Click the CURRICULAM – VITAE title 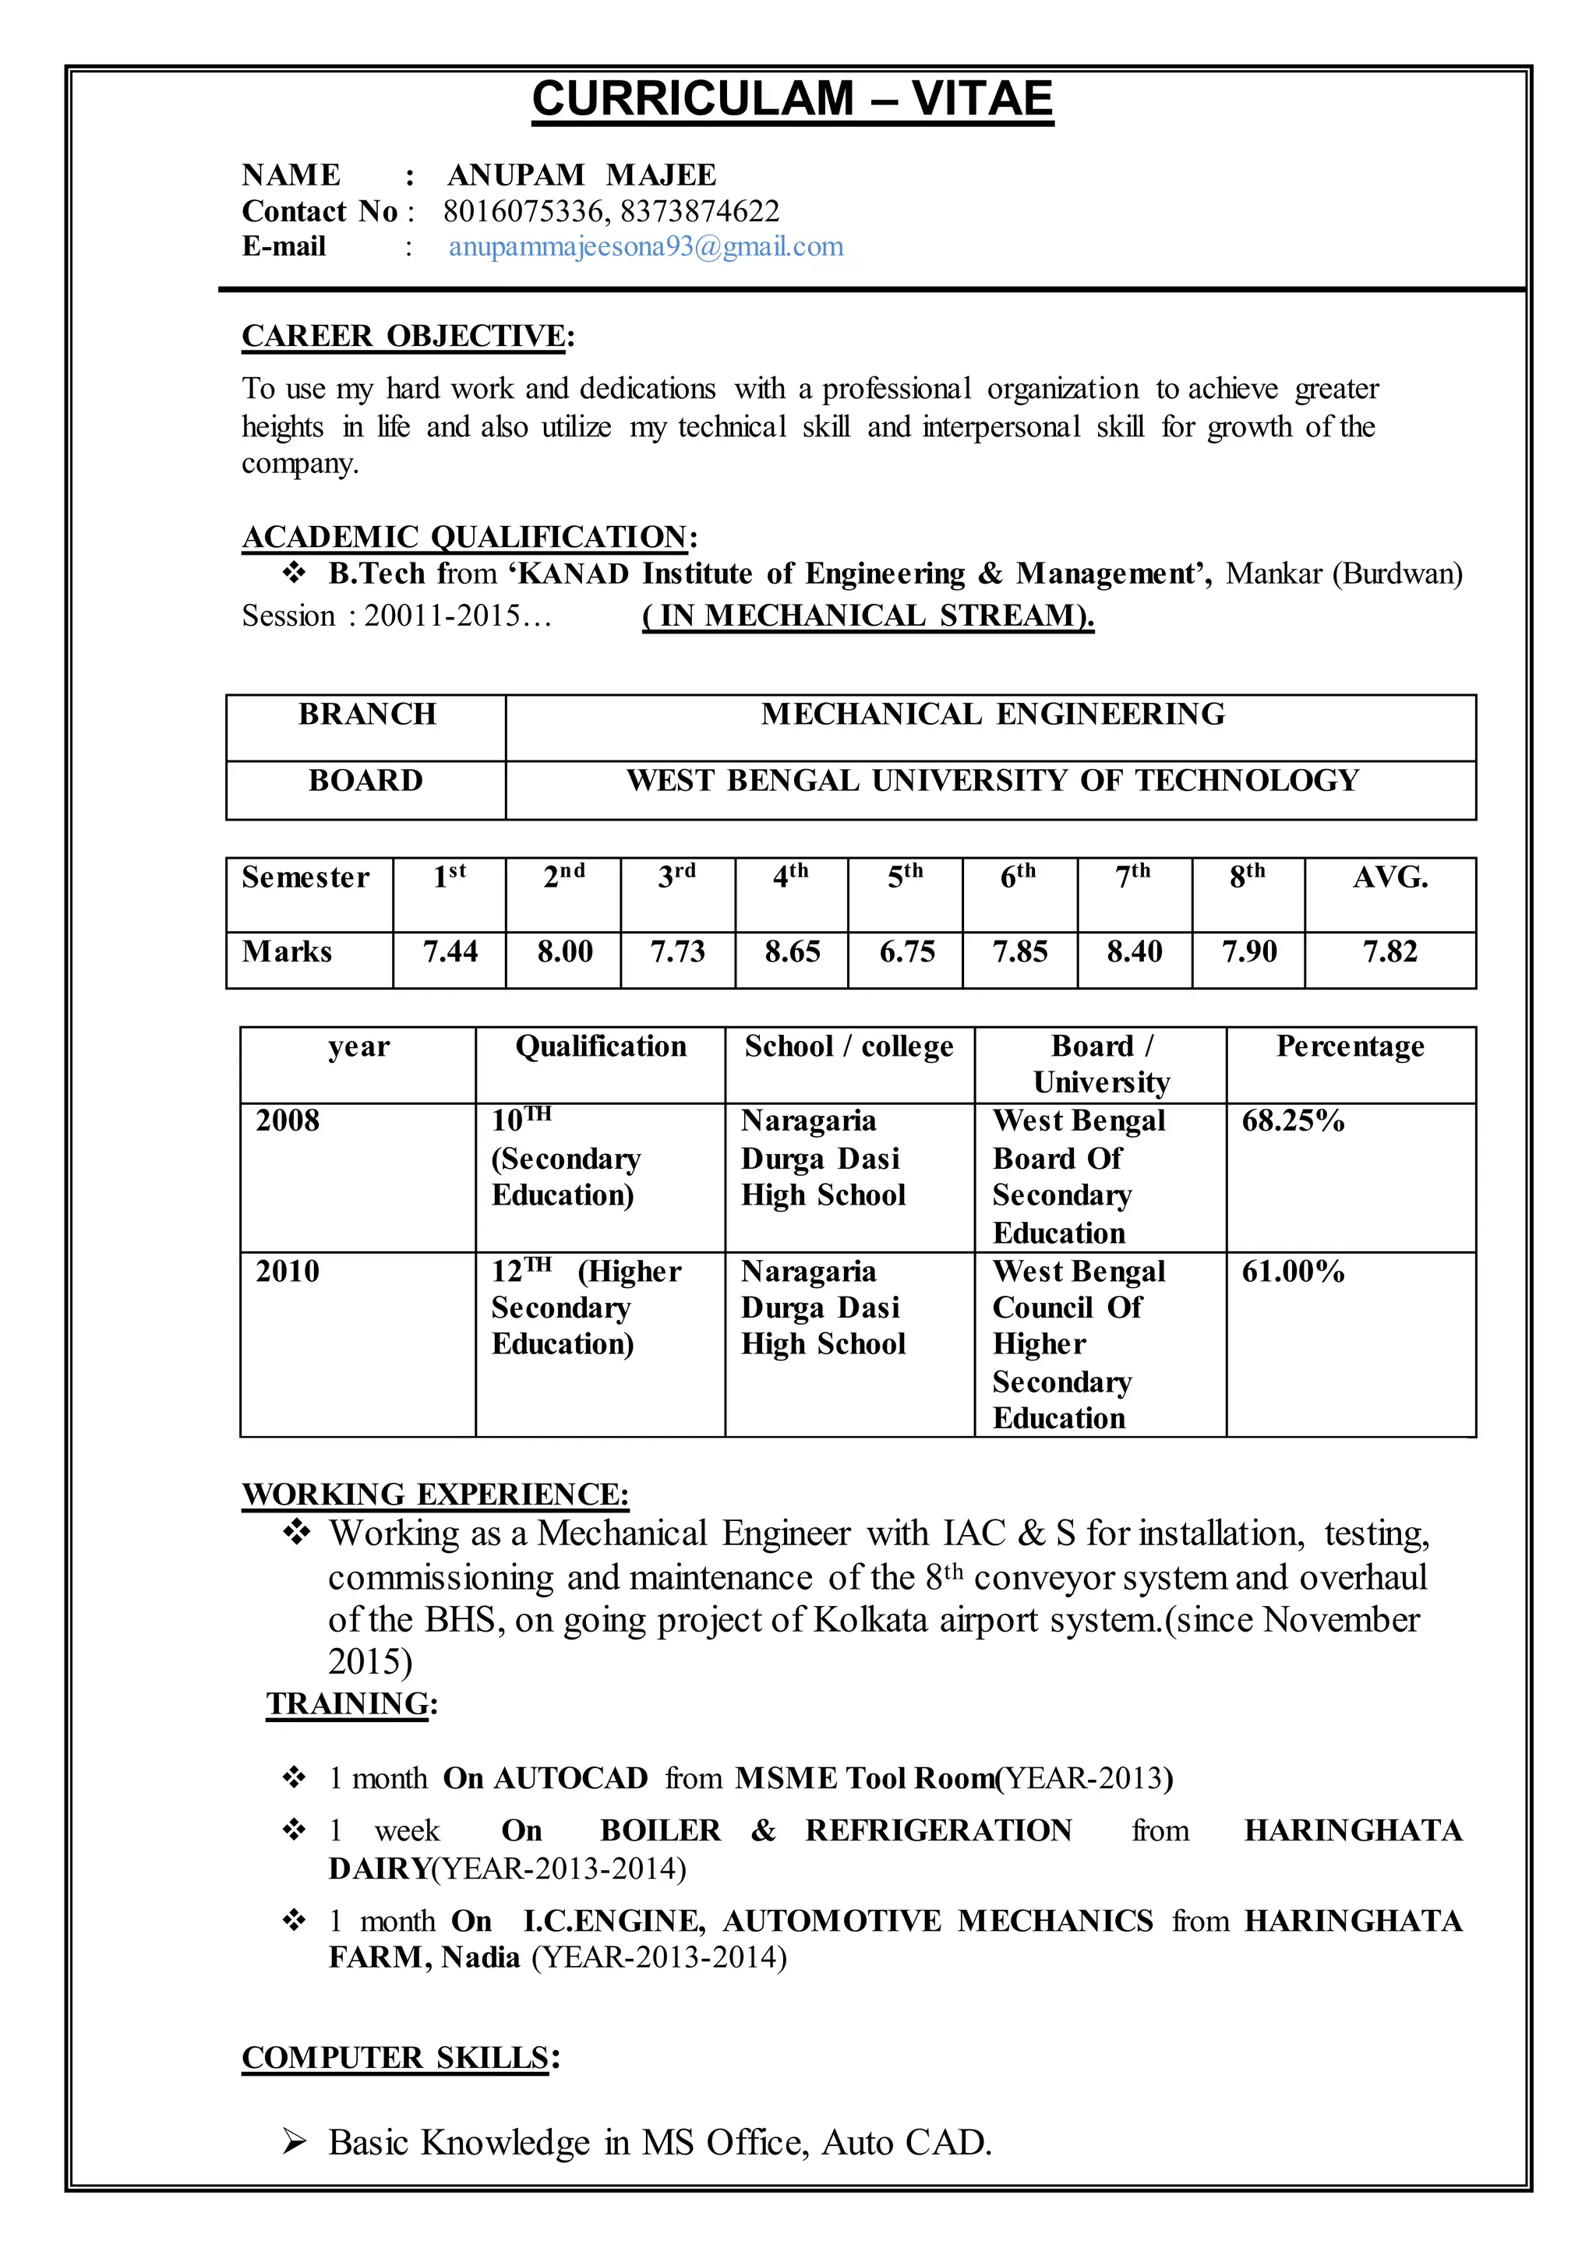(792, 99)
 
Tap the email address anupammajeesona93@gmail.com (646, 247)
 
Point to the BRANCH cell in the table (366, 715)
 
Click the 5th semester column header (905, 876)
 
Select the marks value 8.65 (791, 951)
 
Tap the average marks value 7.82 (1389, 951)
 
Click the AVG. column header (1389, 877)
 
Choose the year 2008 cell (288, 1121)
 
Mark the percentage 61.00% (1292, 1272)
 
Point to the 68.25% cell (1292, 1121)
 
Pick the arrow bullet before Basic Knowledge (295, 2142)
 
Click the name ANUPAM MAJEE (582, 175)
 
